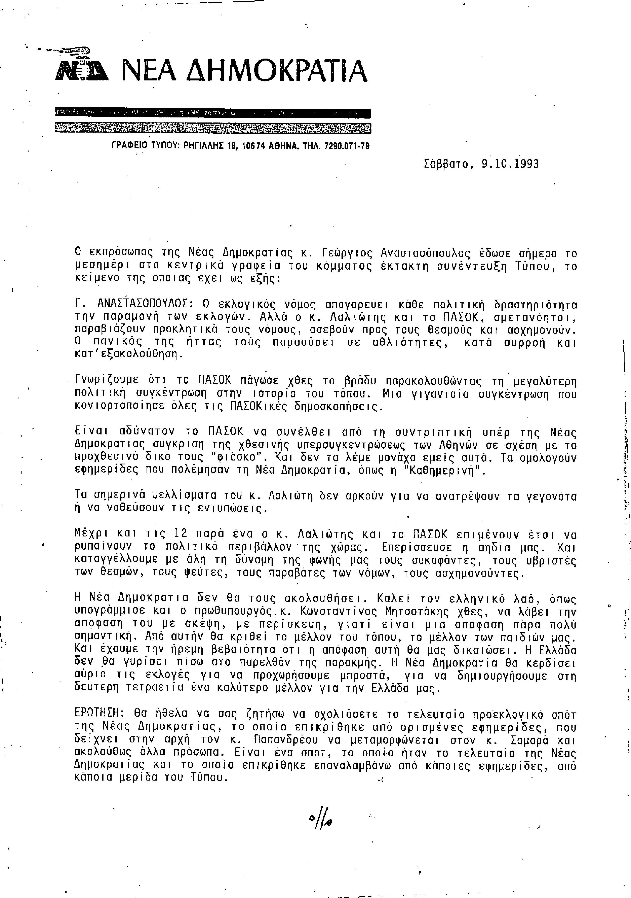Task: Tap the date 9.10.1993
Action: [x=510, y=163]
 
